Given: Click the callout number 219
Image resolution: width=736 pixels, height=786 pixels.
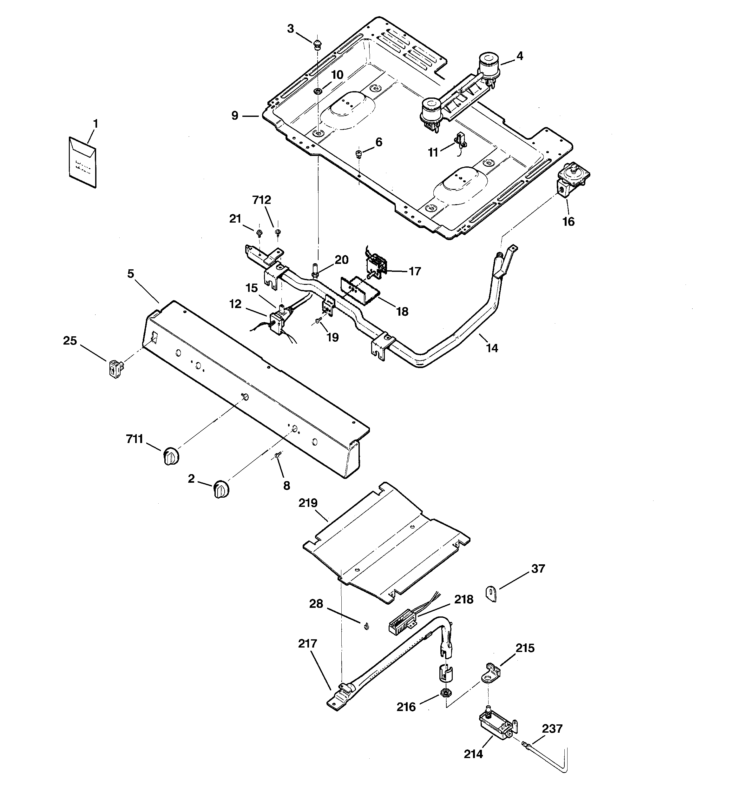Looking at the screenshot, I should [308, 503].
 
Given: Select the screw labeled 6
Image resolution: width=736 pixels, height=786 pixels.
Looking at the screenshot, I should [359, 153].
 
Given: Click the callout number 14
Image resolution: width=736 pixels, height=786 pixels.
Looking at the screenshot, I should [492, 348].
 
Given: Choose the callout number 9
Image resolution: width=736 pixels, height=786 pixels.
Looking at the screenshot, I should [235, 116].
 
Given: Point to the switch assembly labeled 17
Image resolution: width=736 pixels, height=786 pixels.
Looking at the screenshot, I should [377, 264].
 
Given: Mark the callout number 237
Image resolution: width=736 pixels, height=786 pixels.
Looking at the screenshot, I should [552, 728].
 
